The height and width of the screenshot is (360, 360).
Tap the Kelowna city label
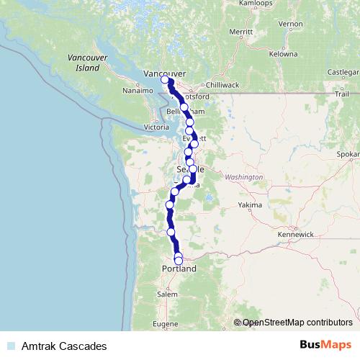pyautogui.click(x=283, y=54)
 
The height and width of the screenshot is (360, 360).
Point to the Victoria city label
pyautogui.click(x=156, y=127)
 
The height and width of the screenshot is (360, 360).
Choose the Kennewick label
pyautogui.click(x=296, y=235)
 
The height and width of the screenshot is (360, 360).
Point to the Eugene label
pyautogui.click(x=166, y=324)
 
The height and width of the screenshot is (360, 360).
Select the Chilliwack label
pyautogui.click(x=224, y=84)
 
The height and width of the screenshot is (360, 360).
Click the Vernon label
pyautogui.click(x=292, y=24)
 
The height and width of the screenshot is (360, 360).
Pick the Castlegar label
pyautogui.click(x=343, y=72)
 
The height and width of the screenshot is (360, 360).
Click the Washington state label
pyautogui.click(x=244, y=176)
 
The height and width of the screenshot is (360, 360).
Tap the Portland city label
pyautogui.click(x=180, y=269)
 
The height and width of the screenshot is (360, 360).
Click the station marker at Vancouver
pyautogui.click(x=166, y=80)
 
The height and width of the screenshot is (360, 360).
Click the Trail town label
pyautogui.click(x=341, y=94)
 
